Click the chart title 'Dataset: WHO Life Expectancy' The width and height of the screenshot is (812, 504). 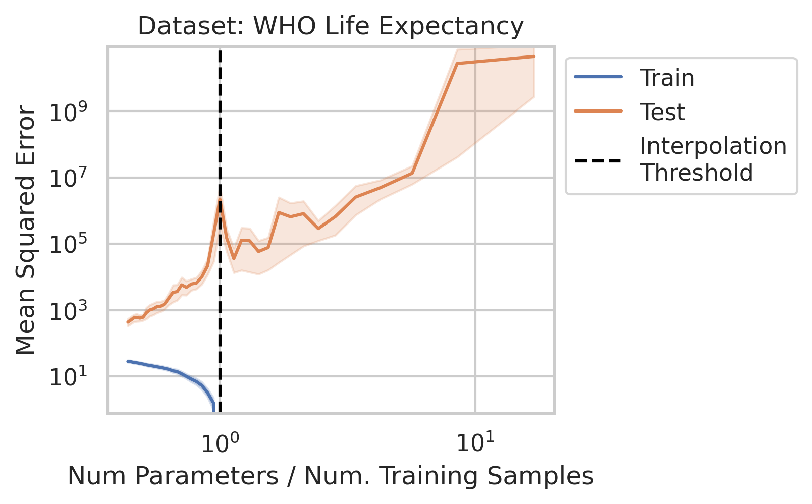pos(331,26)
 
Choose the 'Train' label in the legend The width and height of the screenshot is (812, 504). pos(667,78)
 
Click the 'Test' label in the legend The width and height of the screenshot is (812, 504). pos(662,112)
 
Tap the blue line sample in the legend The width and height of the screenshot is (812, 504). pos(599,77)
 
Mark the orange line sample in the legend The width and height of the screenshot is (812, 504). pos(599,111)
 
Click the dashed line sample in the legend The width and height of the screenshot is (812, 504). pos(599,161)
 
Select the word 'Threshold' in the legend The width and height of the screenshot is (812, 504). pos(696,173)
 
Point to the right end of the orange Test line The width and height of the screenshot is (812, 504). pos(534,57)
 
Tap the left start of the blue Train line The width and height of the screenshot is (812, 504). pos(128,361)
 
